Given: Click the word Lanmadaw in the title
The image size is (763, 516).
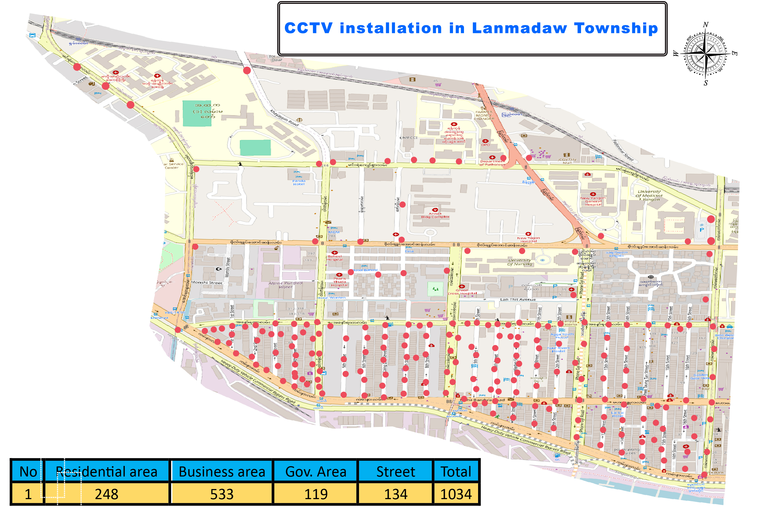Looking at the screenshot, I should click(519, 28).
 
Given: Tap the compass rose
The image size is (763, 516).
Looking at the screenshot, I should click(705, 53).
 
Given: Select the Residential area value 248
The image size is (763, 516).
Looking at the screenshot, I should click(107, 494).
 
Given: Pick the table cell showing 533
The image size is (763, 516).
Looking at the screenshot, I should click(222, 494).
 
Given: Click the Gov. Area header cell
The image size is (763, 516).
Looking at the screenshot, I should click(315, 472).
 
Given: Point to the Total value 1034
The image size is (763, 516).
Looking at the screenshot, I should click(456, 494).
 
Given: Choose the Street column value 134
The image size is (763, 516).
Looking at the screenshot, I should click(396, 494).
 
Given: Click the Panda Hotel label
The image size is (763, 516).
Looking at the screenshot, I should click(299, 182).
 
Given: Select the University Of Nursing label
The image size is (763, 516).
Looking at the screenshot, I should click(519, 262).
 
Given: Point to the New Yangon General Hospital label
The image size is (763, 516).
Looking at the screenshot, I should click(593, 201).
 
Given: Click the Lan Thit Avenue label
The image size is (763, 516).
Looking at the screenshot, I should click(518, 299).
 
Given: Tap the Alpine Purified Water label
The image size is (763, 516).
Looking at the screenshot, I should click(285, 285).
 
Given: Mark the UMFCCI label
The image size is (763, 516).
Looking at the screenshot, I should click(408, 138).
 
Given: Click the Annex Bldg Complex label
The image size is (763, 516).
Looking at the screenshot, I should click(435, 215).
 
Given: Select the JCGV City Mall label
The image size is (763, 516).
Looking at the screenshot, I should click(567, 161).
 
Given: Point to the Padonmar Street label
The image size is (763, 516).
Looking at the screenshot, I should click(623, 150).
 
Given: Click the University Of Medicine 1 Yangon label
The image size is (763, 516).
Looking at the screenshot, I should click(649, 195).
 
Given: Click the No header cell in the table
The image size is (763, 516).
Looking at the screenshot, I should click(28, 472).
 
